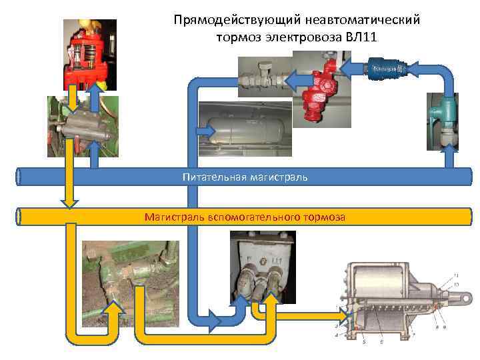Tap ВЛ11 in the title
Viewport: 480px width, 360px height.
click(x=361, y=36)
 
